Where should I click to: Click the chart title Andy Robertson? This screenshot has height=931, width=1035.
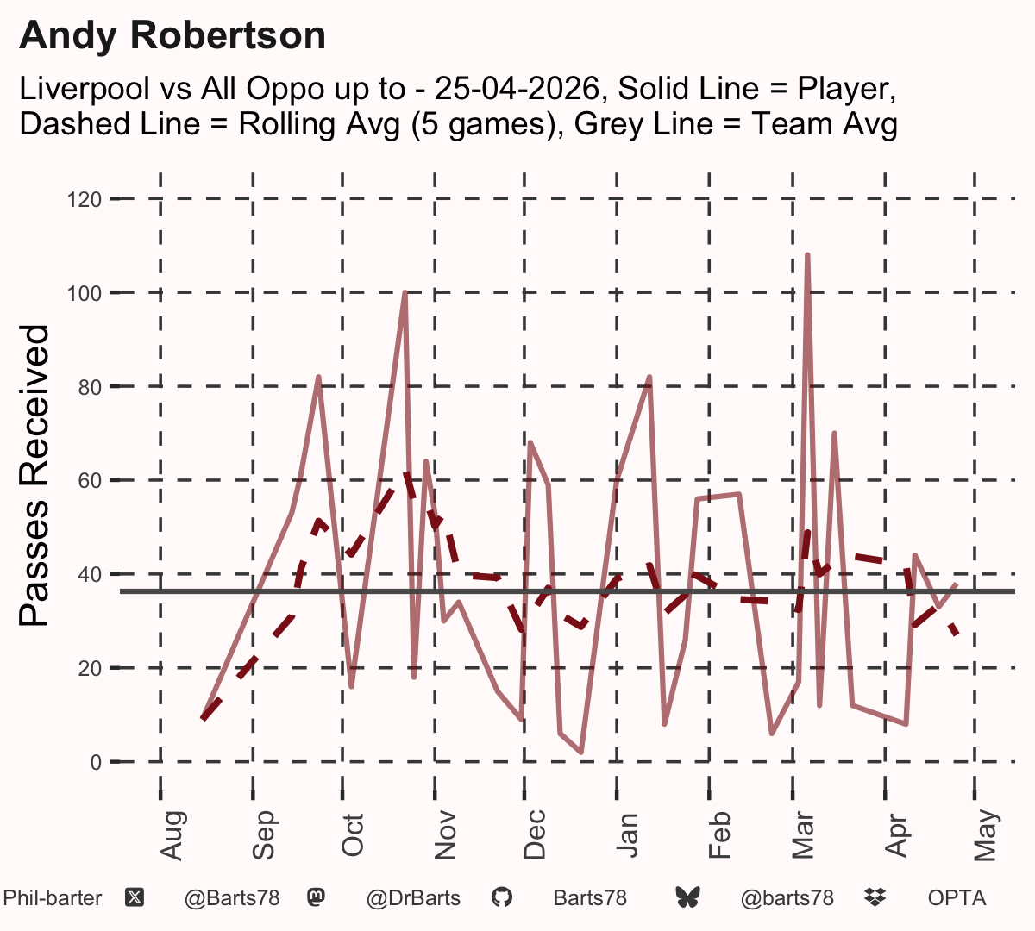coord(172,36)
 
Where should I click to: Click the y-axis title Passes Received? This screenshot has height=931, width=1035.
coord(34,476)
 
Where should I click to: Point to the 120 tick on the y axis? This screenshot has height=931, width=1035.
coord(85,200)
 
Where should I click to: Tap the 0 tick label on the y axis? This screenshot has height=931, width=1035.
coord(96,762)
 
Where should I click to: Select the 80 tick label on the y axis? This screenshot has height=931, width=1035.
coord(90,387)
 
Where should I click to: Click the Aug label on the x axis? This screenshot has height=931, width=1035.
coord(172,836)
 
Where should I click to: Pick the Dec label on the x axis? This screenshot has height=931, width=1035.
coord(535,834)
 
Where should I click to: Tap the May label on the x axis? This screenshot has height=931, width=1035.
coord(987,835)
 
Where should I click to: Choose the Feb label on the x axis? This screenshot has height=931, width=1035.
coord(719,835)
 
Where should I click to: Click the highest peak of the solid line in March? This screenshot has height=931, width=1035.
coord(807,255)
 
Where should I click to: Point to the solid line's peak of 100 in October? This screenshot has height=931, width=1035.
coord(405,292)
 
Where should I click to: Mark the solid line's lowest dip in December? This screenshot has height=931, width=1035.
coord(581,753)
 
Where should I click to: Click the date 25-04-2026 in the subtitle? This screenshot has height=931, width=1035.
coord(517,88)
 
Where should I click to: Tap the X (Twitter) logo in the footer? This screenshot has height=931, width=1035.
coord(135,898)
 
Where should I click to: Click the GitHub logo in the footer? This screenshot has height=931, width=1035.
coord(501,898)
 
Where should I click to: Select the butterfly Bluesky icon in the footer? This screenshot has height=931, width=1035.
coord(687,898)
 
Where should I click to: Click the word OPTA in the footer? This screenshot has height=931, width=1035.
coord(957,898)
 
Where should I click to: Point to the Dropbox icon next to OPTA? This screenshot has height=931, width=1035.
coord(875,898)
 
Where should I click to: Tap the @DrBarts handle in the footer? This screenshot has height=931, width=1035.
coord(413,899)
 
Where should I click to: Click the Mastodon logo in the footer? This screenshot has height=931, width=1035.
coord(316,898)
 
